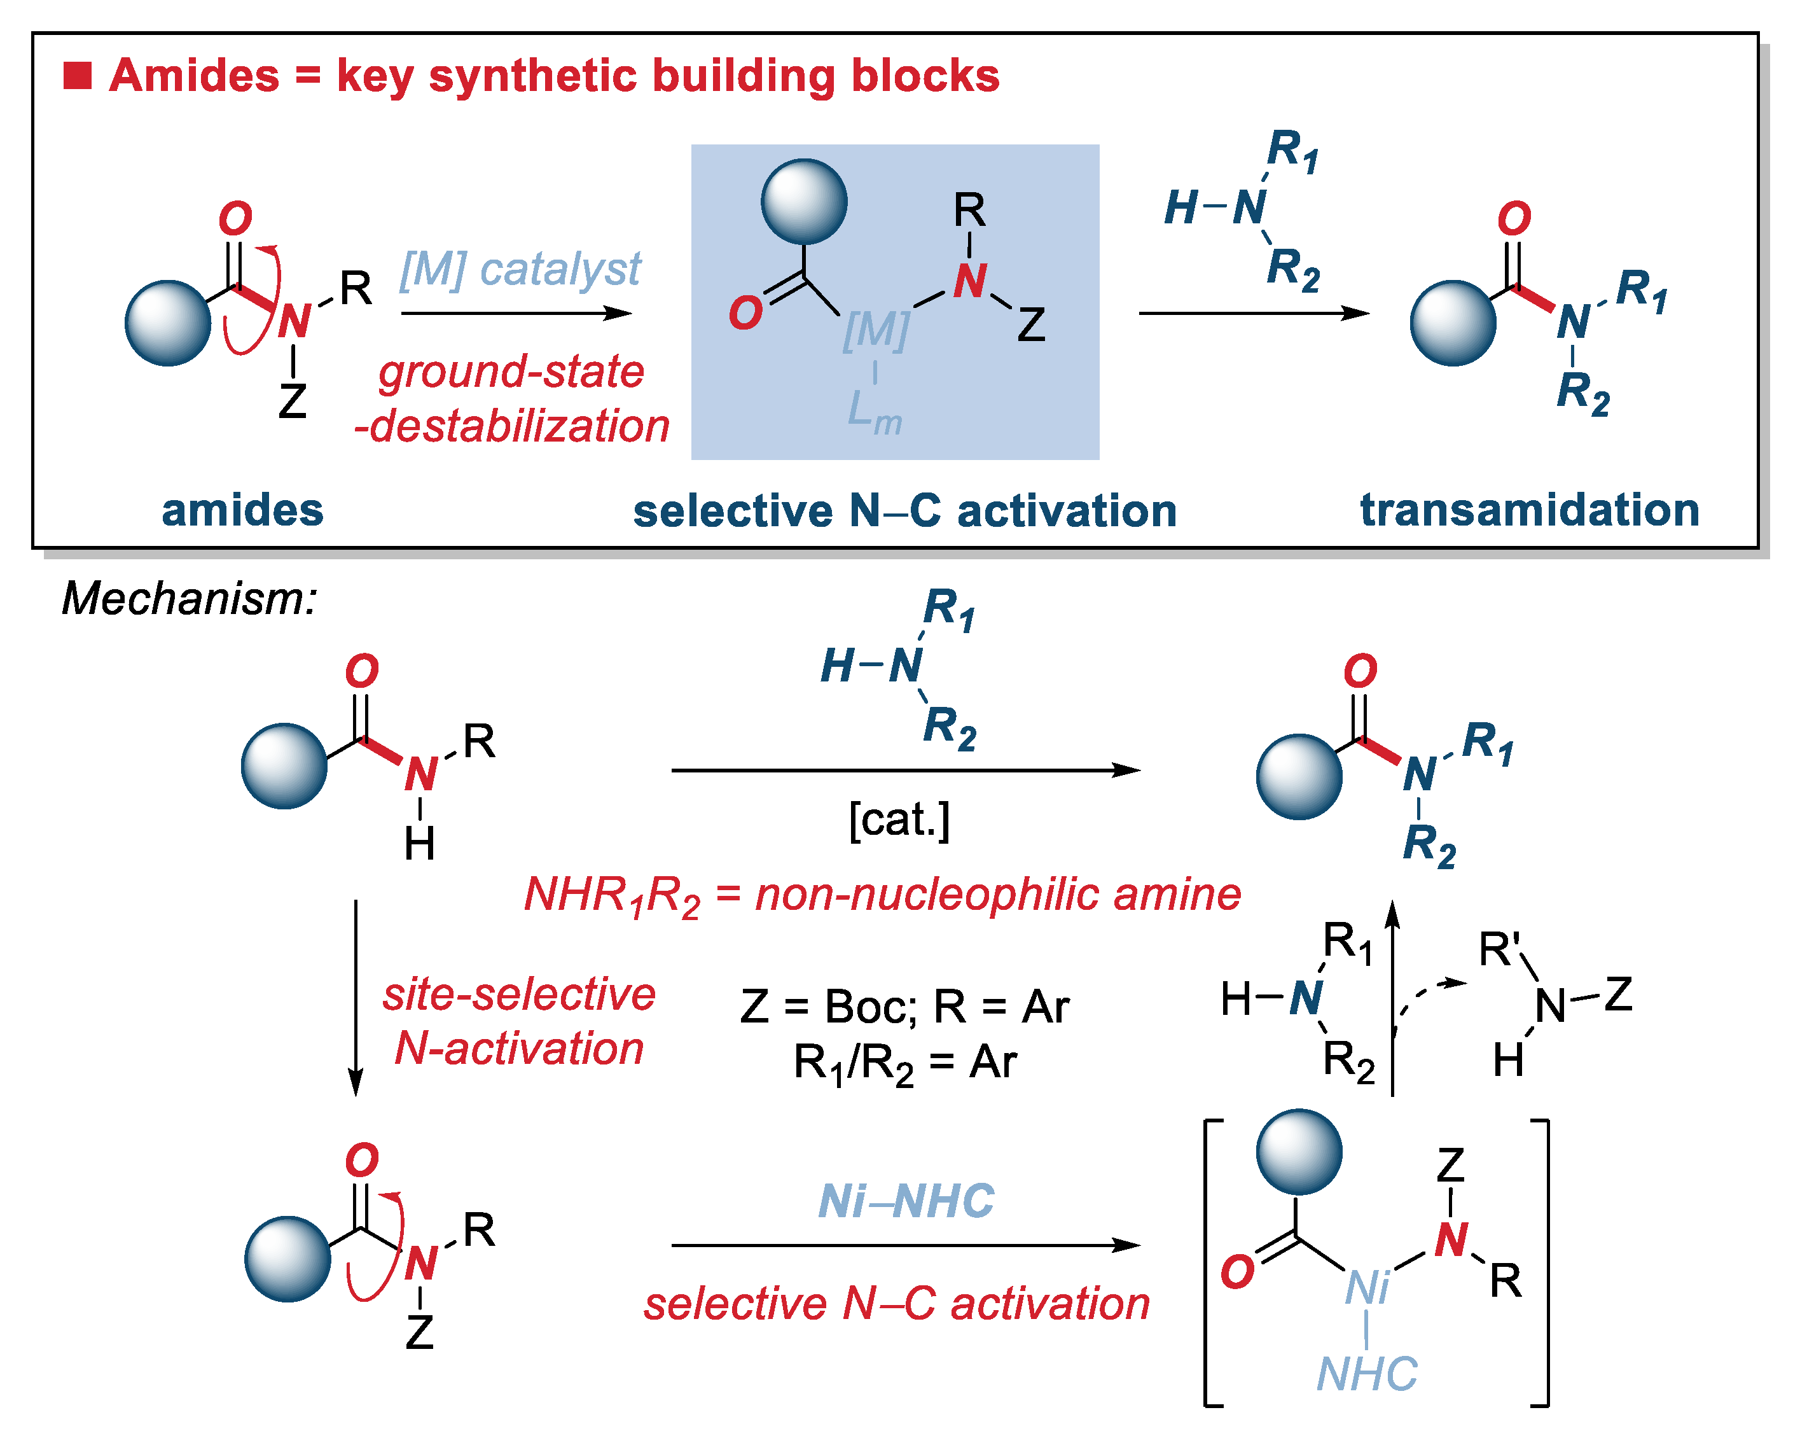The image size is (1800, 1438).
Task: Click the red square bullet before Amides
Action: [77, 75]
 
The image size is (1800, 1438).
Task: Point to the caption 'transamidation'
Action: [1530, 510]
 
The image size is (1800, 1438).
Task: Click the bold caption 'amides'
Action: [242, 510]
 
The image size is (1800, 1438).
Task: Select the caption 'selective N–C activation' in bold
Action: [904, 510]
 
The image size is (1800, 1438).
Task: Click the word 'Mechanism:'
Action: [190, 599]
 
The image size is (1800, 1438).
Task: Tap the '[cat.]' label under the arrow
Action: [899, 820]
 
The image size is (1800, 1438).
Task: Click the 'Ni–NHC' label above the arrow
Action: [906, 1201]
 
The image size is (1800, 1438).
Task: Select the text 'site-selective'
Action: [518, 994]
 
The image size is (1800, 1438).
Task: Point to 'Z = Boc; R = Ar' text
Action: [904, 1006]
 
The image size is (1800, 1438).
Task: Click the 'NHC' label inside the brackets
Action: [1367, 1374]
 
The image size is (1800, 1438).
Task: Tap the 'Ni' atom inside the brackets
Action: [1367, 1287]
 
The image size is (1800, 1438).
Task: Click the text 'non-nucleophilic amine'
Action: [998, 895]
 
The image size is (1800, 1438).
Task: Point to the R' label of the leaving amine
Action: [1500, 949]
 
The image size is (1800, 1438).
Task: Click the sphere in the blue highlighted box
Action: [804, 201]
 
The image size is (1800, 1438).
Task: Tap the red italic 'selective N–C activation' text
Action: [897, 1304]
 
